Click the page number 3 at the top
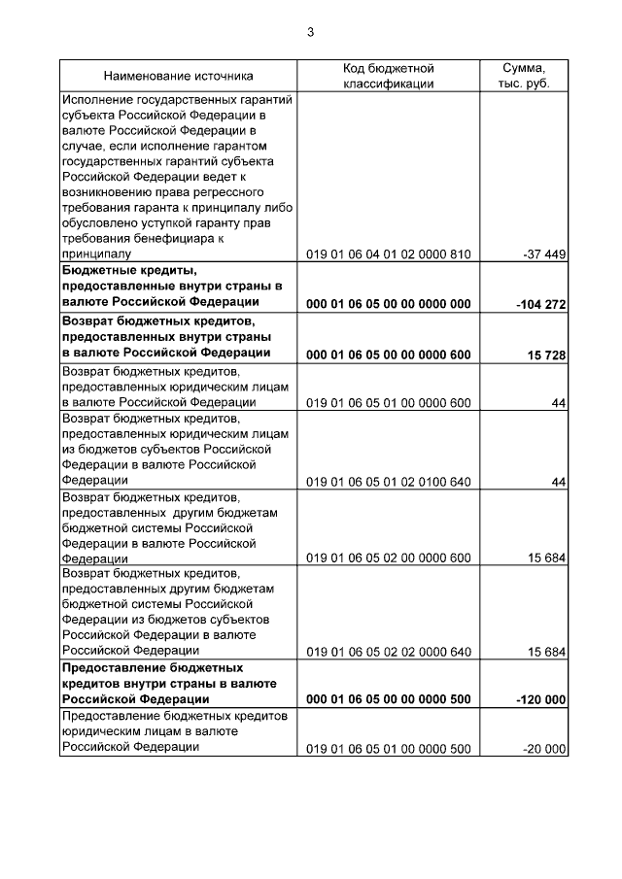(310, 32)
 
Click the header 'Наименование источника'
(178, 75)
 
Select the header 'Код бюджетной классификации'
(388, 76)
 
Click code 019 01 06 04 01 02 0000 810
(388, 254)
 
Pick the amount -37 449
(544, 254)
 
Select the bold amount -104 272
(541, 304)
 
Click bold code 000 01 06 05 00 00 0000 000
(388, 304)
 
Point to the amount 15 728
(547, 354)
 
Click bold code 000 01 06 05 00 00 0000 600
(388, 354)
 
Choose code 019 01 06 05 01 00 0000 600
(388, 403)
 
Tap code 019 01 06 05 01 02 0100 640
(388, 481)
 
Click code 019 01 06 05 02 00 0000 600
(388, 558)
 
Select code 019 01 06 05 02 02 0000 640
(388, 652)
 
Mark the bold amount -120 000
(541, 699)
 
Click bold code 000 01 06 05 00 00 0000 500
(388, 699)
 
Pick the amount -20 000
(544, 749)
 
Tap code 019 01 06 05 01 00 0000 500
(388, 749)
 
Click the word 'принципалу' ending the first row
(95, 254)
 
